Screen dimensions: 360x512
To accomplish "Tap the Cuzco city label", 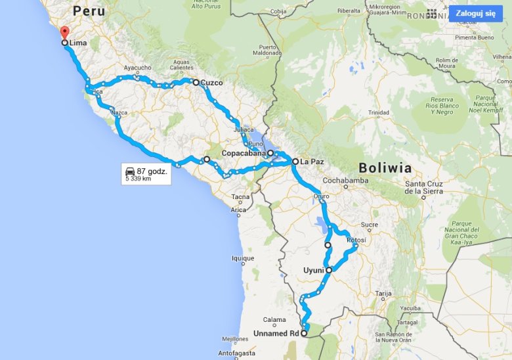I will pyautogui.click(x=211, y=83).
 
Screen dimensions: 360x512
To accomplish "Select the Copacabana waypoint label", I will pyautogui.click(x=243, y=153).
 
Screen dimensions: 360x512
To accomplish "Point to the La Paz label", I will pyautogui.click(x=312, y=161).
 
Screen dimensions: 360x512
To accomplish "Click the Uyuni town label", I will pyautogui.click(x=314, y=270).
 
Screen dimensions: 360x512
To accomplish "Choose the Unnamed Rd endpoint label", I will pyautogui.click(x=276, y=334).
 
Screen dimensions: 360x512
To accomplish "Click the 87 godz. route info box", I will pyautogui.click(x=146, y=174).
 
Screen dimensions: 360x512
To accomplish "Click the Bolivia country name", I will pyautogui.click(x=385, y=168).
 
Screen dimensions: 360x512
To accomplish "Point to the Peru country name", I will pyautogui.click(x=89, y=11).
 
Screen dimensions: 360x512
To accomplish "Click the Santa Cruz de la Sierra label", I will pyautogui.click(x=423, y=187).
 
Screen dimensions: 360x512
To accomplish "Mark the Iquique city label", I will pyautogui.click(x=243, y=259).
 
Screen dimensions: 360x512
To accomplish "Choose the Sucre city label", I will pyautogui.click(x=370, y=225).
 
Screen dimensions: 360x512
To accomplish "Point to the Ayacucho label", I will pyautogui.click(x=138, y=68).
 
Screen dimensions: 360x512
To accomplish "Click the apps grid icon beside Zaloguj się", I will pyautogui.click(x=431, y=13).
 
